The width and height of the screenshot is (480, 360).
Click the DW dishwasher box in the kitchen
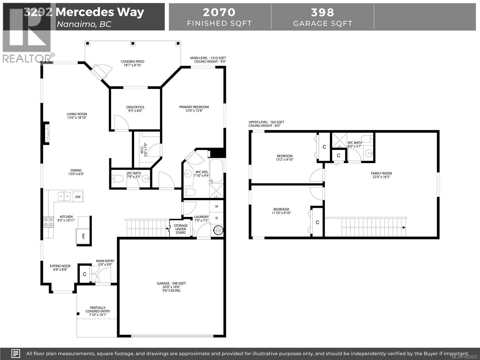[78, 197]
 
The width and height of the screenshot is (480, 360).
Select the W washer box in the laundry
[217, 206]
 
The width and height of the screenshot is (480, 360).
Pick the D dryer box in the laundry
[217, 218]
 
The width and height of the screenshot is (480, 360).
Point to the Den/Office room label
[135, 109]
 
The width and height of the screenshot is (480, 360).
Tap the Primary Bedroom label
[194, 109]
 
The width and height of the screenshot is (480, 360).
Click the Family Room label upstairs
[381, 175]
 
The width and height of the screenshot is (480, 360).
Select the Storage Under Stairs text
[181, 229]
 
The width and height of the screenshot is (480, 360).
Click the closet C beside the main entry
[85, 274]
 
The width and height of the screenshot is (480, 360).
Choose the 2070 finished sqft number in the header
[219, 13]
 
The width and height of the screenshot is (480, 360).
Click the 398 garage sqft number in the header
[322, 13]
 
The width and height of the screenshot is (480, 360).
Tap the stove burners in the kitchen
[47, 222]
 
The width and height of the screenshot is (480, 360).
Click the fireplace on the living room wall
[47, 133]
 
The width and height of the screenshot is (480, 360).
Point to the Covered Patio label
[132, 63]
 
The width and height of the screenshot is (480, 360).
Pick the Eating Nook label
[60, 268]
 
